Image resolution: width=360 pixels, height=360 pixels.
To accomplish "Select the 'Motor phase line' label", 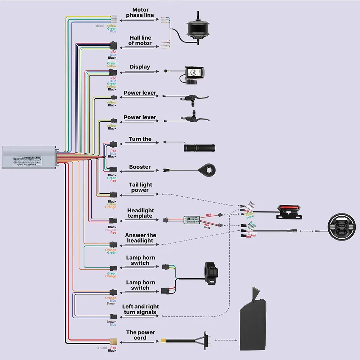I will (140, 13).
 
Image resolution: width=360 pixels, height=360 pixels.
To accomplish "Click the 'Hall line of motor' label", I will (140, 40).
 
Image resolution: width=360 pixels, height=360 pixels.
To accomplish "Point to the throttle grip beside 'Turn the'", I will (199, 148).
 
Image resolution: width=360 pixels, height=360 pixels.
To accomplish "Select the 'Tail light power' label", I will (140, 188).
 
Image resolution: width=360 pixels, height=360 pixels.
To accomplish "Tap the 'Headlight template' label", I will (140, 213).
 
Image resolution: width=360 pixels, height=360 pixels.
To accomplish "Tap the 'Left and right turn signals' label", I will (141, 309).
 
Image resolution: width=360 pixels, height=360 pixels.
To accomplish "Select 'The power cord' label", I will (140, 335).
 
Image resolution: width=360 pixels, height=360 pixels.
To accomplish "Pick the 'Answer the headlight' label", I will (140, 238).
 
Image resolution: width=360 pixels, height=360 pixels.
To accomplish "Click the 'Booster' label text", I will (140, 167).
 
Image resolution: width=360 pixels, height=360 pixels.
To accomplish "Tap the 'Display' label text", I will (140, 67).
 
